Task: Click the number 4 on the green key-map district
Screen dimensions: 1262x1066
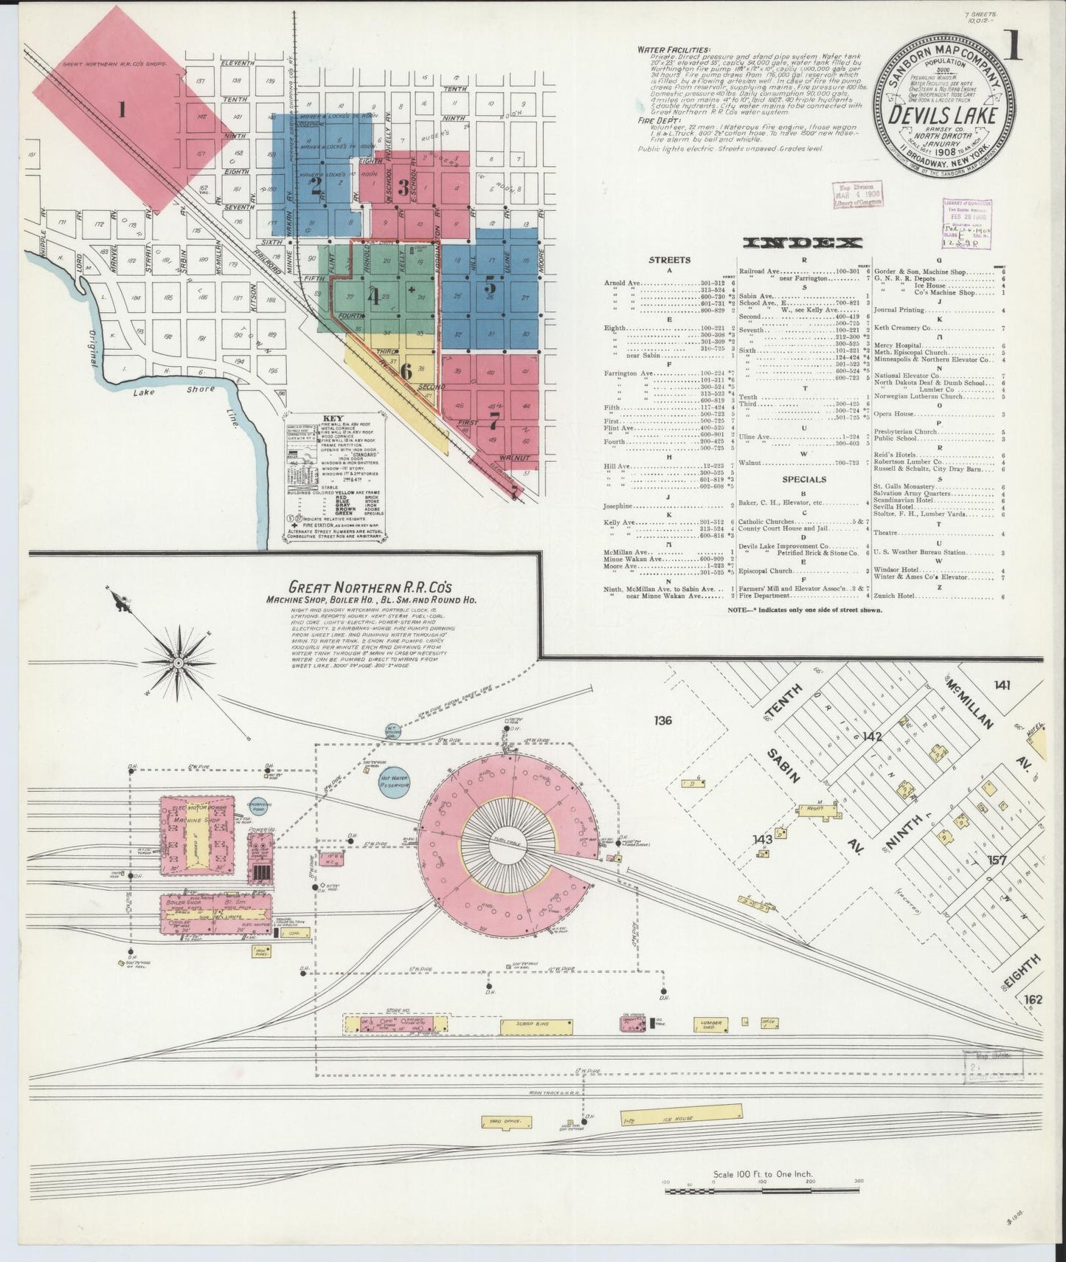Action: [375, 298]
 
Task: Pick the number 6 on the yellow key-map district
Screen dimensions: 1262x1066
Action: [405, 371]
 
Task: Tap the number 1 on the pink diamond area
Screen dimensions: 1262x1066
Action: [122, 111]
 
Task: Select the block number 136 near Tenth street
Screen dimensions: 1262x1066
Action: [662, 720]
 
